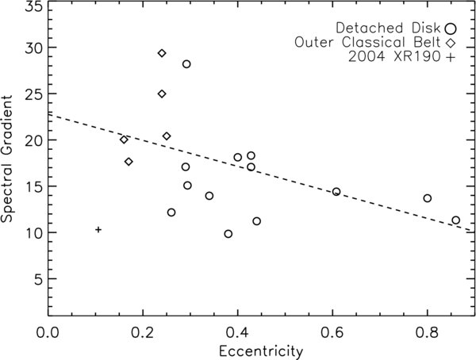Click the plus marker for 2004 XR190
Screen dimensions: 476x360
click(x=98, y=229)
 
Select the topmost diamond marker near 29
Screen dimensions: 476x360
click(x=162, y=53)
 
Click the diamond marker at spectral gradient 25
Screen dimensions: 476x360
click(x=162, y=94)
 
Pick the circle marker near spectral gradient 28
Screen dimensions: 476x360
click(x=186, y=64)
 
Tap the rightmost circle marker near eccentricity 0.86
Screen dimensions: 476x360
click(x=455, y=220)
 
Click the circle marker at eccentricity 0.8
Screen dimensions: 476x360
click(x=428, y=198)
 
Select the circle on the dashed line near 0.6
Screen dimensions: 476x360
click(x=336, y=192)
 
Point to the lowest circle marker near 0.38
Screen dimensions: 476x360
click(x=228, y=234)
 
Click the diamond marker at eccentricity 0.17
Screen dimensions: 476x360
click(x=129, y=162)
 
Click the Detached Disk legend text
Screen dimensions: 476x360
click(x=388, y=28)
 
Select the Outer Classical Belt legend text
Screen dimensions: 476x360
click(x=367, y=42)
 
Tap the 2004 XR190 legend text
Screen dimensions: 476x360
click(x=394, y=57)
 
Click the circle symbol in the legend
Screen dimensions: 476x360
click(x=451, y=29)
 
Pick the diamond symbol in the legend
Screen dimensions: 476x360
click(x=451, y=43)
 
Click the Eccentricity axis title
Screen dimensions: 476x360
click(x=261, y=351)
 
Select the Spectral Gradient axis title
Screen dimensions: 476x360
click(x=6, y=158)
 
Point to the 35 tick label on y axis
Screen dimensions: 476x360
click(x=34, y=6)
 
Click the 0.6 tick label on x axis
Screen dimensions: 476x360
click(x=333, y=332)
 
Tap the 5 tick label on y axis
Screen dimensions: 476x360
click(x=38, y=279)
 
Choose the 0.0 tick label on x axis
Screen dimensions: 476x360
click(x=48, y=332)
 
